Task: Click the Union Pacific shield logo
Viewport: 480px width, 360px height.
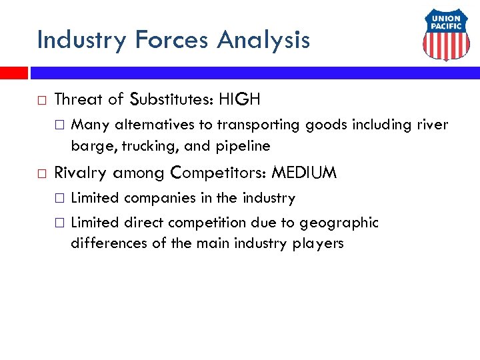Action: (x=446, y=37)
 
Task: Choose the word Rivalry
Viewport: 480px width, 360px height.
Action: (x=81, y=173)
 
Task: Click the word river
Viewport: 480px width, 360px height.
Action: (x=433, y=125)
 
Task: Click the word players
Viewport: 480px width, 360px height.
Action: (x=318, y=243)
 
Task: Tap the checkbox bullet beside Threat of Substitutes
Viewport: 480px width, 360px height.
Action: (x=42, y=101)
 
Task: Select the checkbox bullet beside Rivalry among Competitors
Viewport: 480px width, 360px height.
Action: (x=42, y=174)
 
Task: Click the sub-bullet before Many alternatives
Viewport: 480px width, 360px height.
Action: (x=60, y=125)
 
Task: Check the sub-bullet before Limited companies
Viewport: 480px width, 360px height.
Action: (x=60, y=199)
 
